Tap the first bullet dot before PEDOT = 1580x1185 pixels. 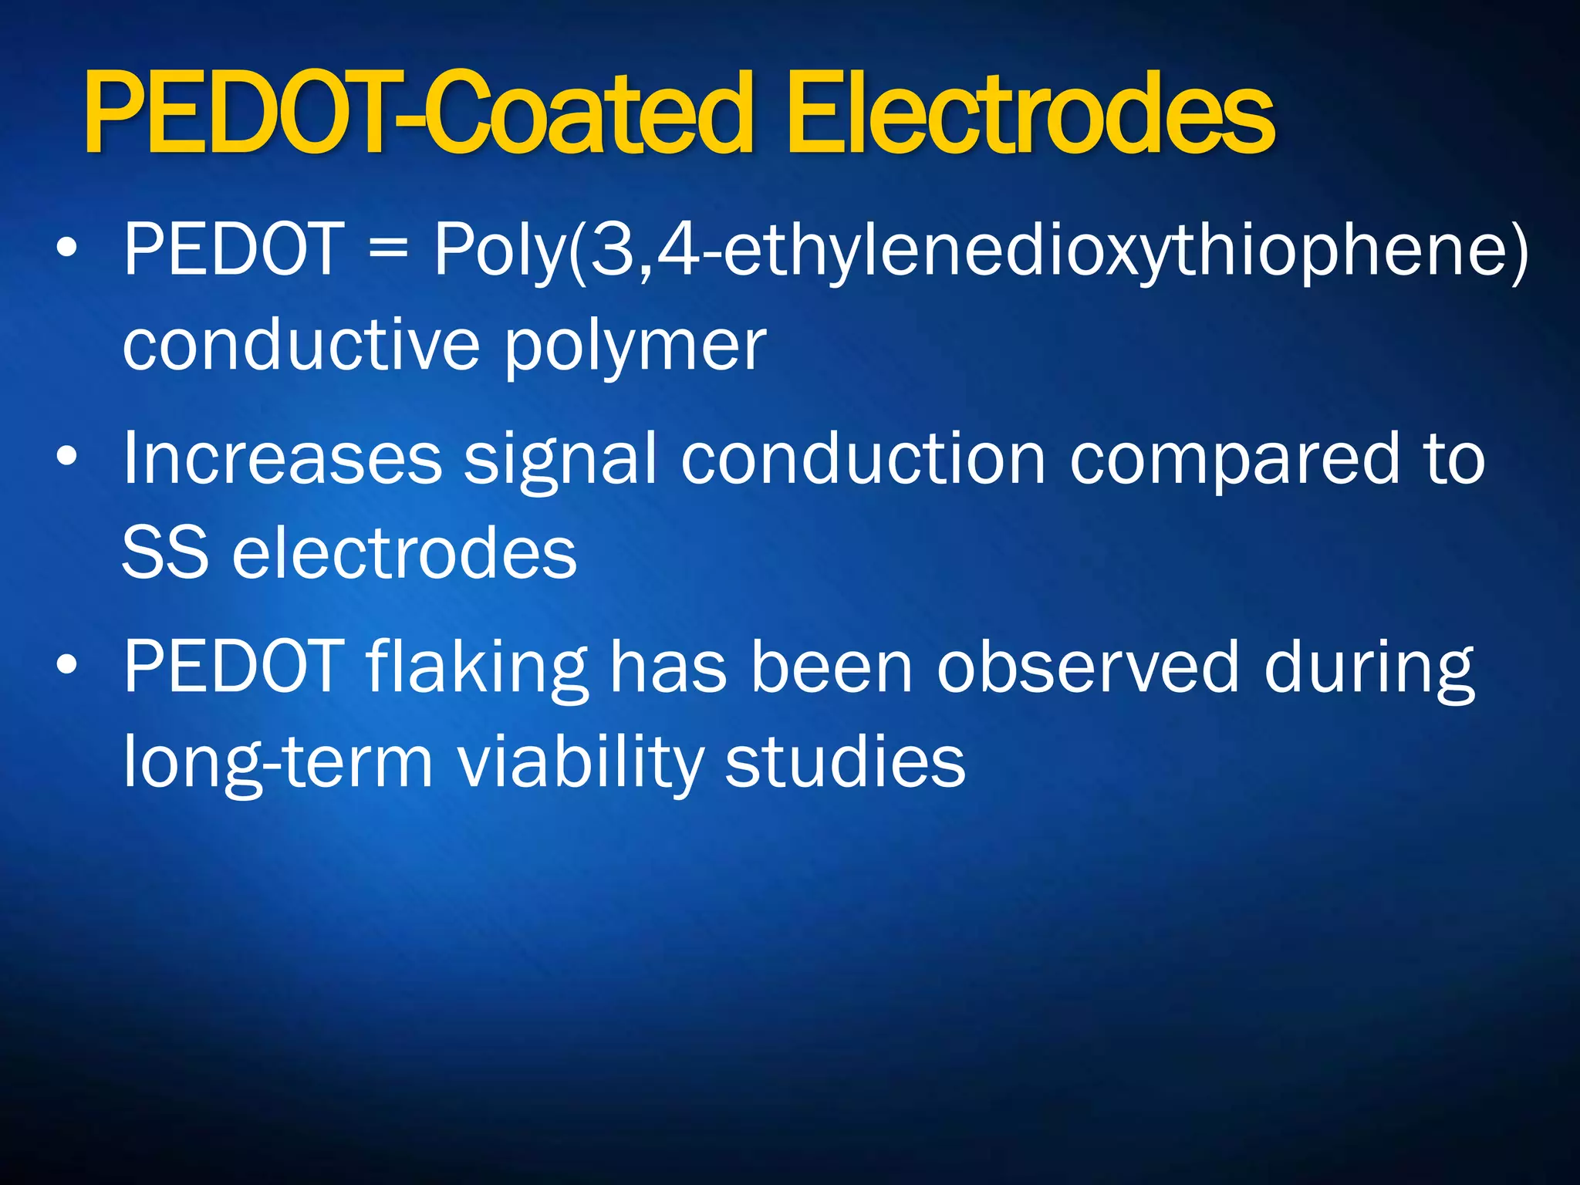tap(67, 248)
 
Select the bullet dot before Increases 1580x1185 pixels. tap(67, 457)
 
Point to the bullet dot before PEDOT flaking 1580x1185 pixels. tap(67, 664)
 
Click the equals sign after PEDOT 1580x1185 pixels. tap(387, 249)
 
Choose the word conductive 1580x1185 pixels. tap(302, 344)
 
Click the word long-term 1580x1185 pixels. tap(279, 763)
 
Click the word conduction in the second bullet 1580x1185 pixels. tap(863, 458)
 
